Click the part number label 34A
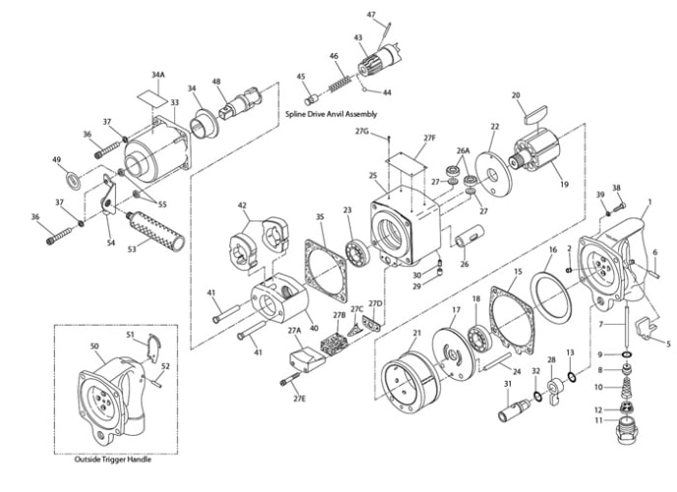(158, 75)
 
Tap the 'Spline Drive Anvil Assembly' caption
(332, 114)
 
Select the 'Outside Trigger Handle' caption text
(113, 460)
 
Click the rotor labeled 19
(536, 153)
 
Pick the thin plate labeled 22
(494, 176)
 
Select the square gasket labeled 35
(326, 271)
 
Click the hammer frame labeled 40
(279, 298)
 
